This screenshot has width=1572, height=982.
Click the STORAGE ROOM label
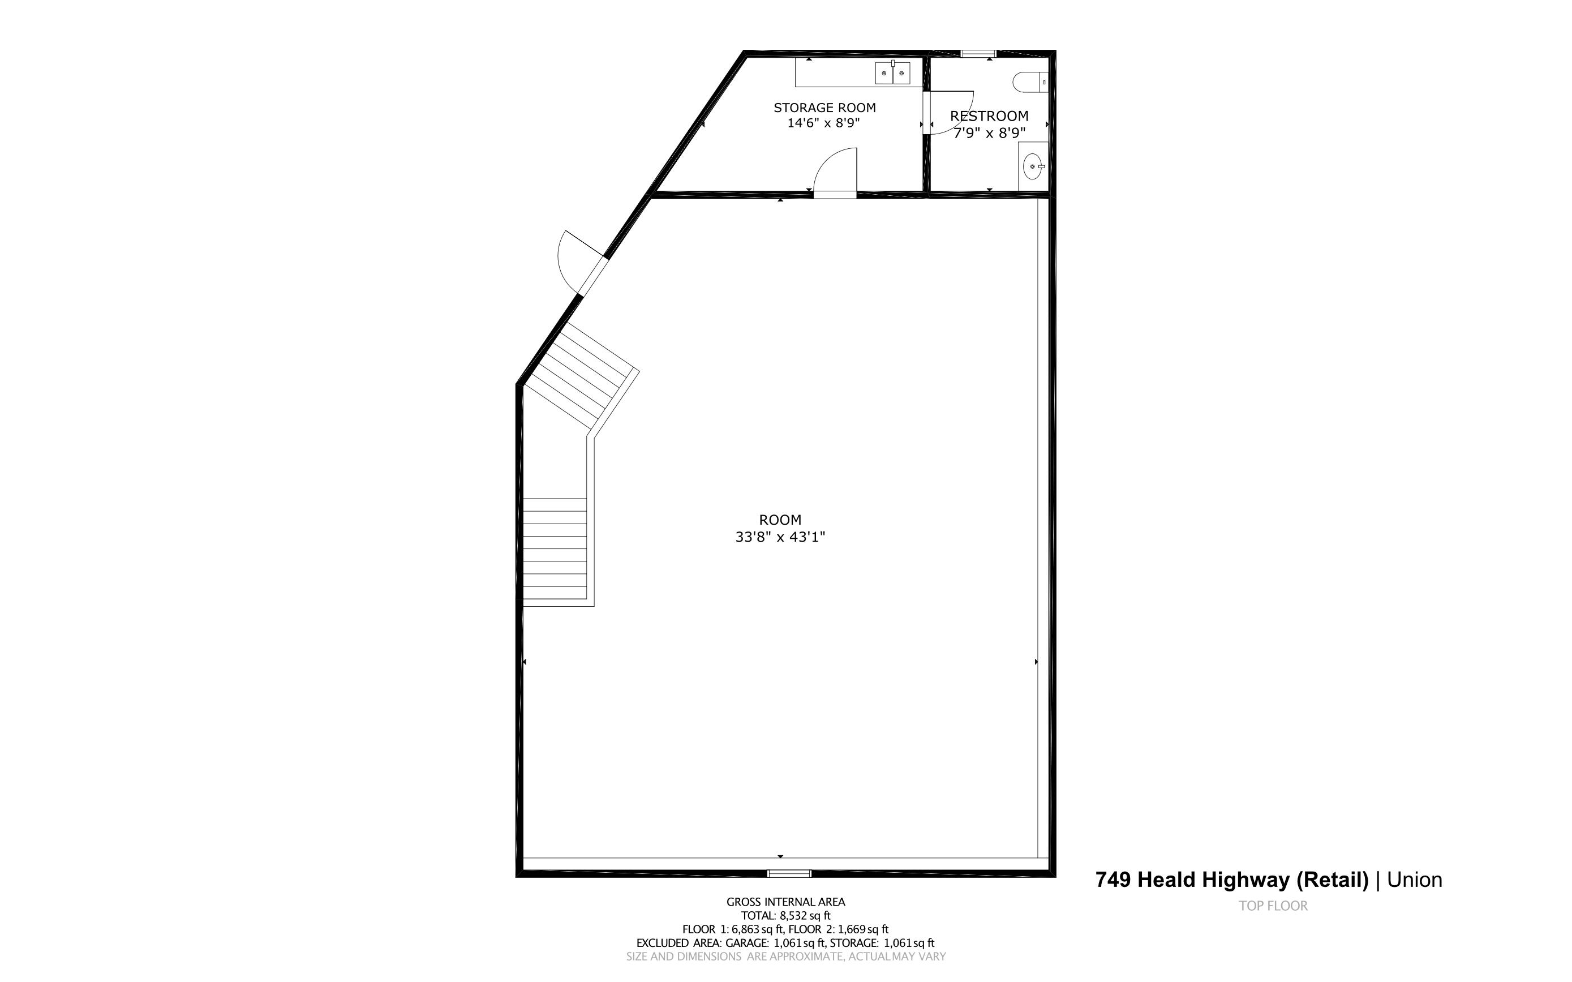824,108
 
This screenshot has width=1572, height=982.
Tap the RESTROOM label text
989,116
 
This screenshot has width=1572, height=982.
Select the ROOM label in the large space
780,520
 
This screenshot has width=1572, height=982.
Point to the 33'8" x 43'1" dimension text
780,537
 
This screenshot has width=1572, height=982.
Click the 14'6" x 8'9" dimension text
823,123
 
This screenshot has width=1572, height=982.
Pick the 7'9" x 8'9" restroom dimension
989,133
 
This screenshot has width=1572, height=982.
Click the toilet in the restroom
1029,82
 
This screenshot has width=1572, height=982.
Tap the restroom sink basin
1032,167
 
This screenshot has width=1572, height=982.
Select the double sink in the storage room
892,74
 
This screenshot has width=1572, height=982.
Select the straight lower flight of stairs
555,549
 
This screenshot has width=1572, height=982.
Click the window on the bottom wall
789,873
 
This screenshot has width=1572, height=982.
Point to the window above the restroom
978,53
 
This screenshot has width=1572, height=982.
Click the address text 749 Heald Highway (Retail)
1232,880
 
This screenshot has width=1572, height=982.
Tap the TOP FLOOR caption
1273,906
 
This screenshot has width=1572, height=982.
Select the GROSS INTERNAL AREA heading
785,902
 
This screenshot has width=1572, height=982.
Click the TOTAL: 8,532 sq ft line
785,916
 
